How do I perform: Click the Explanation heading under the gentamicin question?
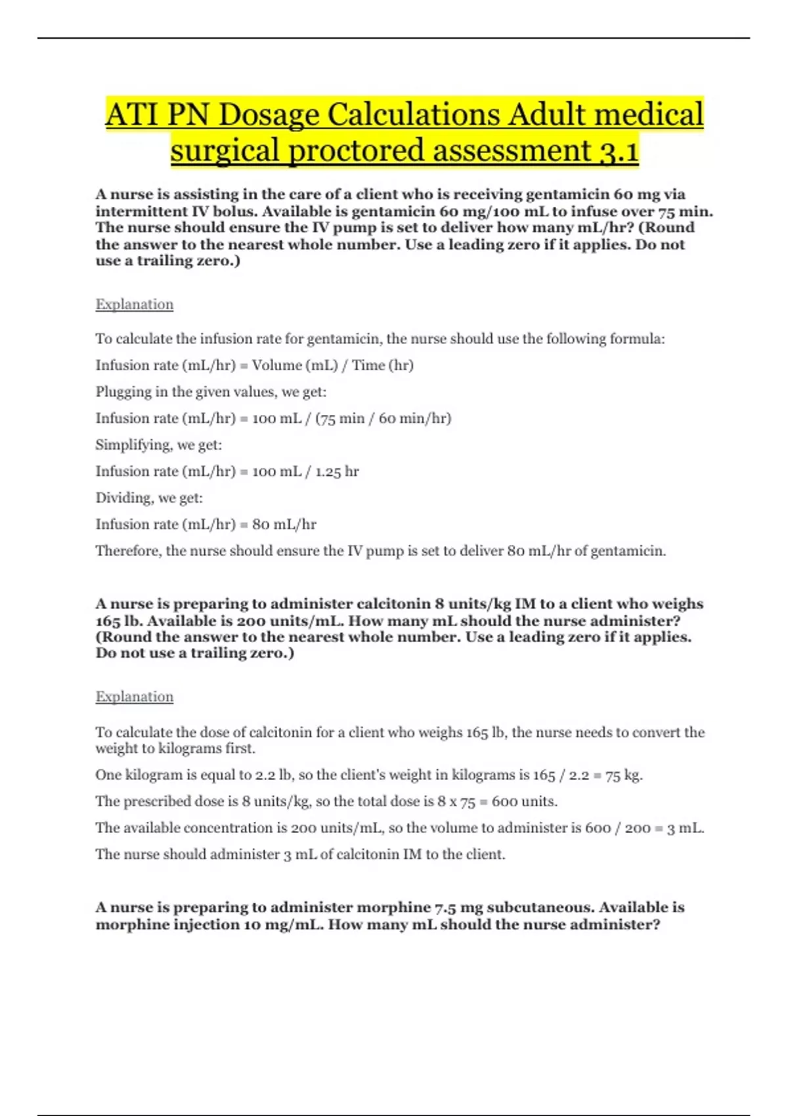coord(135,305)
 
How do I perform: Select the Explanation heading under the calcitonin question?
coord(135,697)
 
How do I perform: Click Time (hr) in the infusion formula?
coord(383,366)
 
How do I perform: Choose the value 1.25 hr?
coord(337,471)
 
